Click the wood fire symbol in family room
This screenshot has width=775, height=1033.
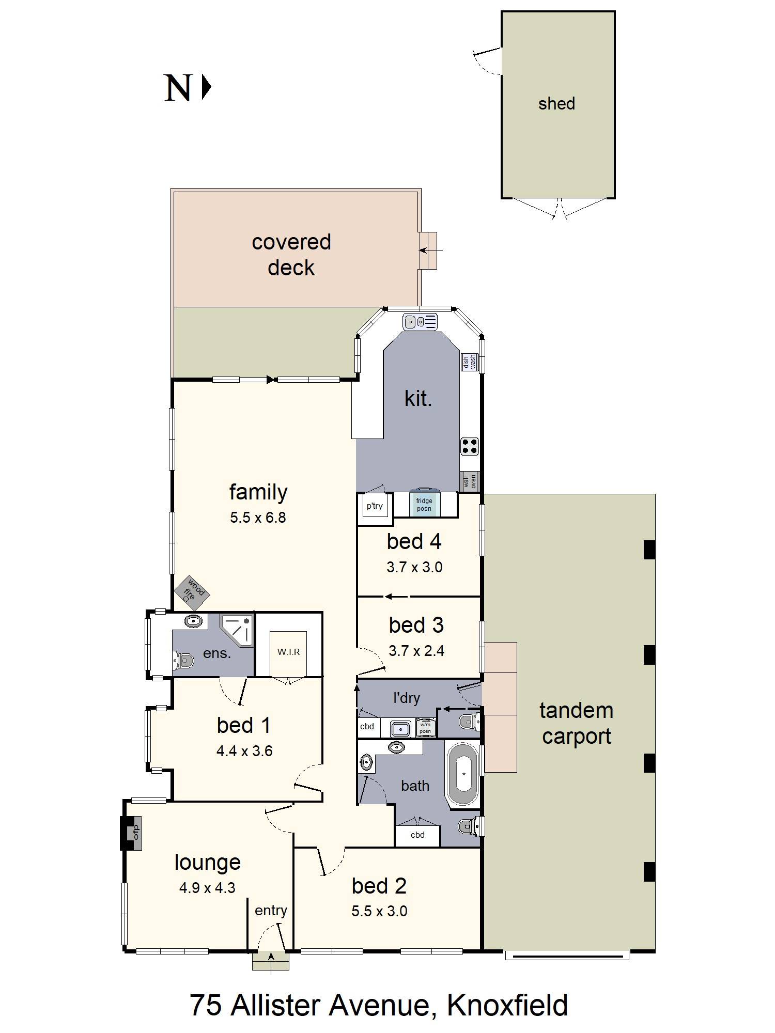pos(191,590)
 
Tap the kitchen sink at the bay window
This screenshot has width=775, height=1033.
pos(420,322)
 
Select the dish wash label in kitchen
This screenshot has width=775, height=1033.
pos(469,362)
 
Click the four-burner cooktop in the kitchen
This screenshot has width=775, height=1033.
pos(469,446)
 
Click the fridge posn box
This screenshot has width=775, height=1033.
pos(424,504)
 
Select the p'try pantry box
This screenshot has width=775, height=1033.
pos(375,506)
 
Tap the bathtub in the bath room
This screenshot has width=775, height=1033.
pos(463,775)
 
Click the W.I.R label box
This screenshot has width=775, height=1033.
pos(288,652)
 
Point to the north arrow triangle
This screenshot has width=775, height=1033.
pos(206,87)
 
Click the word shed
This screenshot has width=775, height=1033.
pos(556,104)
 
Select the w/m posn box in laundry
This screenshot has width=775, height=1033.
pos(425,728)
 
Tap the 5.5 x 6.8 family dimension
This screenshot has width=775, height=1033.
pos(258,518)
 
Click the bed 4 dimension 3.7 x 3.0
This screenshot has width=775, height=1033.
pos(414,567)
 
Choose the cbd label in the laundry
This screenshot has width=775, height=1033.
pos(367,727)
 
